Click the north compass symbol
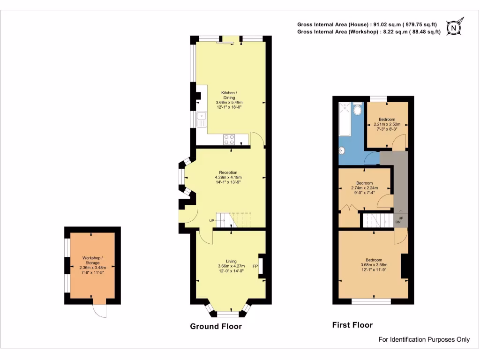[x=453, y=28]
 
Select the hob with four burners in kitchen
[x=229, y=139]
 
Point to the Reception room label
[x=228, y=172]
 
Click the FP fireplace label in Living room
[x=255, y=267]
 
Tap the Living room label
[x=231, y=261]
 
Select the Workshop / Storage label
[x=92, y=261]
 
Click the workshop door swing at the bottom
[x=100, y=309]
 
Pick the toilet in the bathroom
[x=357, y=111]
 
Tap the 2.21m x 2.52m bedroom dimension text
[x=387, y=124]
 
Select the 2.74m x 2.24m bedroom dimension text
[x=364, y=188]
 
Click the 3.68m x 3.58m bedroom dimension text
[x=374, y=265]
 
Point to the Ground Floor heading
[x=216, y=326]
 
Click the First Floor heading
[x=352, y=325]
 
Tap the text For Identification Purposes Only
[x=424, y=339]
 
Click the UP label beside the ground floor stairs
[x=212, y=221]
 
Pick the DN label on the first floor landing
[x=397, y=223]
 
